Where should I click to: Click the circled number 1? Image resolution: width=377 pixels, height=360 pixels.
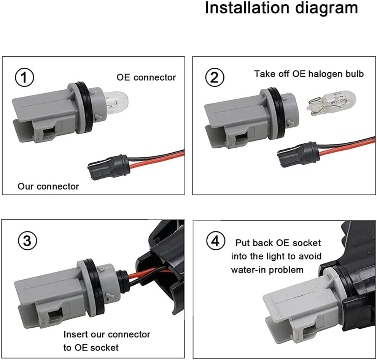pyautogui.click(x=24, y=78)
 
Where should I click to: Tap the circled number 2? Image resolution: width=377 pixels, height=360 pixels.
pyautogui.click(x=215, y=78)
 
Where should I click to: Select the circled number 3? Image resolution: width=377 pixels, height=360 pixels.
pyautogui.click(x=24, y=240)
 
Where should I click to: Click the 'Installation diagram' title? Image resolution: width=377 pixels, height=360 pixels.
pyautogui.click(x=281, y=8)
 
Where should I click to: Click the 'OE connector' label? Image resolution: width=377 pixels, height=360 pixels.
pyautogui.click(x=146, y=77)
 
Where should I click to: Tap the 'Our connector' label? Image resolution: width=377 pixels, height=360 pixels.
pyautogui.click(x=48, y=186)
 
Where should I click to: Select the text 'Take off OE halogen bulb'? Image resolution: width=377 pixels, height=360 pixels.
pyautogui.click(x=309, y=73)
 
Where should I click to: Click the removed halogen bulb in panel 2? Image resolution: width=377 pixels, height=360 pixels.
pyautogui.click(x=331, y=103)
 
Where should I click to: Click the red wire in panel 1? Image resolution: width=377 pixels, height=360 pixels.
pyautogui.click(x=152, y=159)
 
